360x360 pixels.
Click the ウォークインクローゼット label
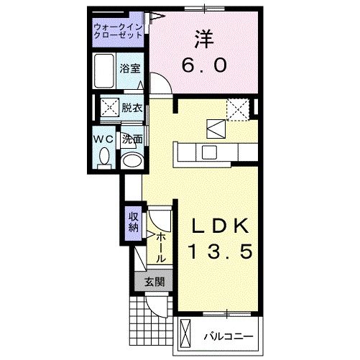click(x=117, y=32)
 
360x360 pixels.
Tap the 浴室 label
click(x=131, y=69)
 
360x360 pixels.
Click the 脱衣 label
click(x=131, y=109)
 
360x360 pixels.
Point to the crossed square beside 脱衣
click(x=109, y=109)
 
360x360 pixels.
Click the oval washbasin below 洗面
click(x=131, y=160)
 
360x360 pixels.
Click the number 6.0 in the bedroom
click(x=203, y=65)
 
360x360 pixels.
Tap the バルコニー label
click(x=229, y=335)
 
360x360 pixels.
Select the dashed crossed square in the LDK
click(x=238, y=109)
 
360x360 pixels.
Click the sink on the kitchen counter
click(x=210, y=152)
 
